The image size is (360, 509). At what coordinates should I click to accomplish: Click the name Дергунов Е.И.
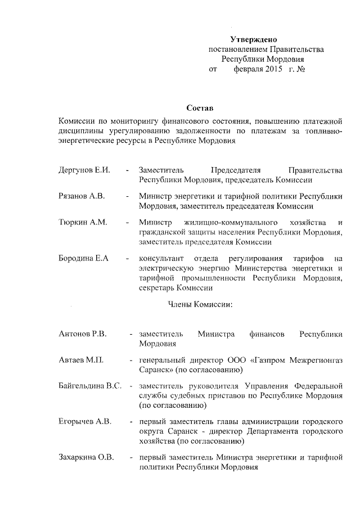point(84,170)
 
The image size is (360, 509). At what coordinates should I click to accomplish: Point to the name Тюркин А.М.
point(83,222)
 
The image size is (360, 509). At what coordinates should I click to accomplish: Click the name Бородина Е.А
point(83,258)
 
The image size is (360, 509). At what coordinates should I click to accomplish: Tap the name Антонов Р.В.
point(83,334)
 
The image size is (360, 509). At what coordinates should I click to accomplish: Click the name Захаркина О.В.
point(86,457)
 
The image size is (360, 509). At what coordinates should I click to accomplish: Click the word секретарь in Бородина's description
point(156,287)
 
